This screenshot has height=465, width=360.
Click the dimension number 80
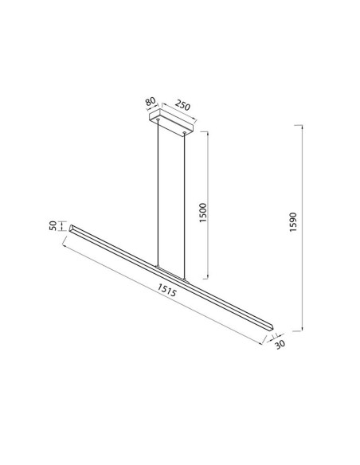(x=150, y=103)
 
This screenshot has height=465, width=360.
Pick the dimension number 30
(x=279, y=345)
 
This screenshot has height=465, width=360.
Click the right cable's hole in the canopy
(x=187, y=133)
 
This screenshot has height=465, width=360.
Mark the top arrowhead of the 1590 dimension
(x=303, y=127)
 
